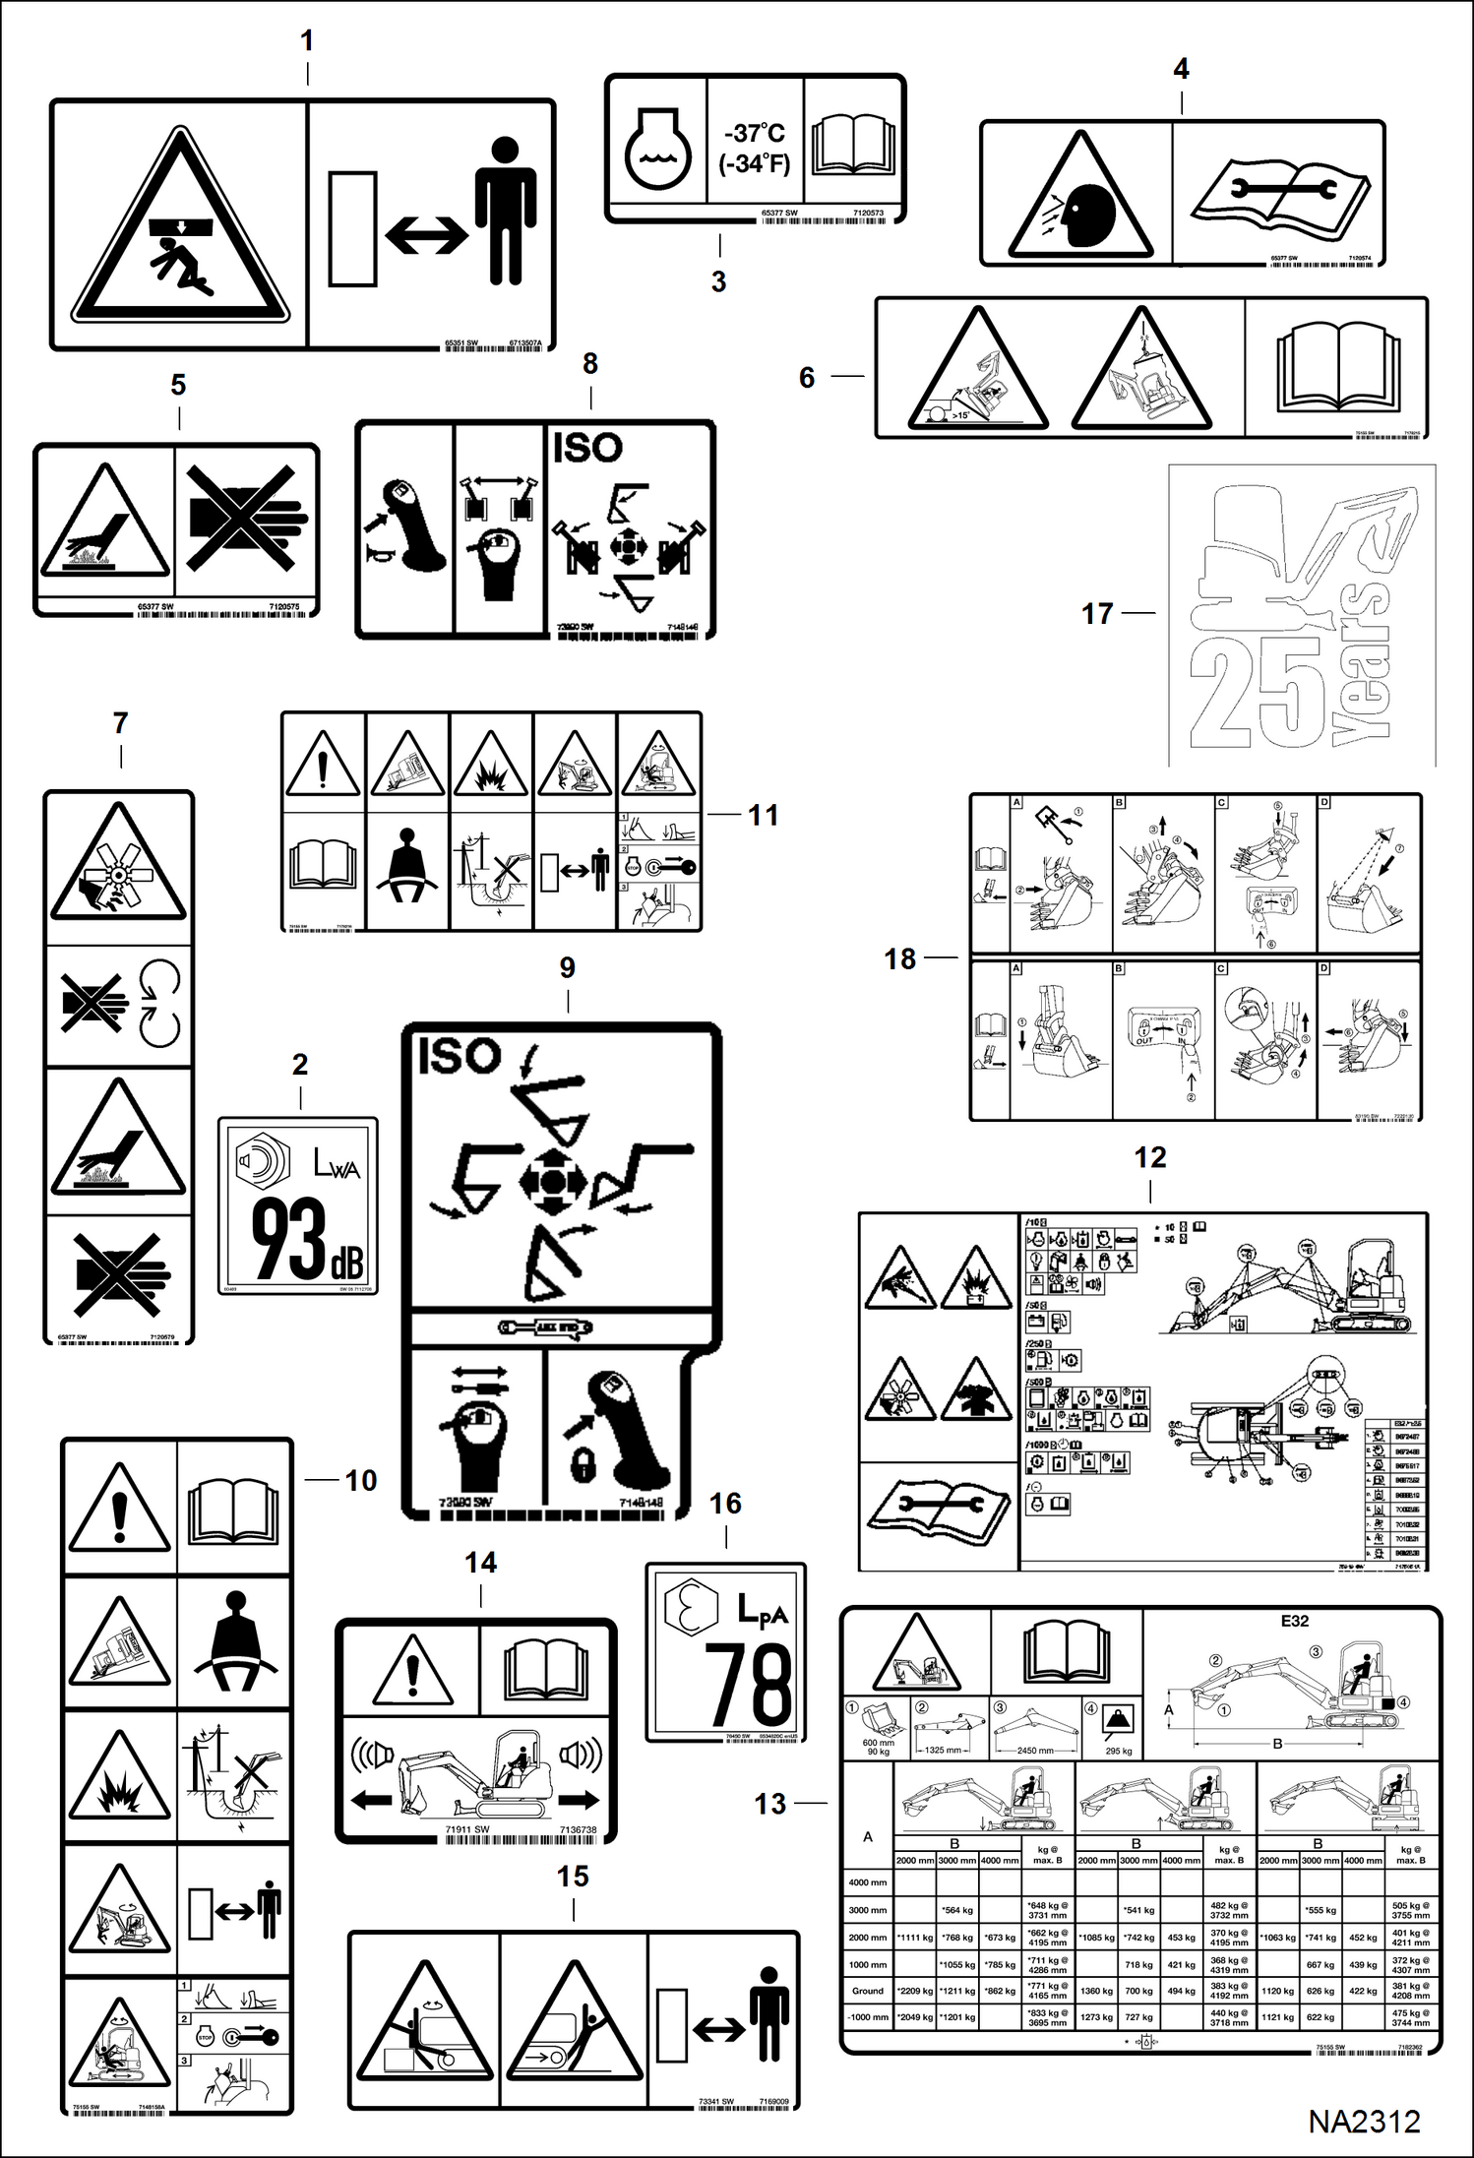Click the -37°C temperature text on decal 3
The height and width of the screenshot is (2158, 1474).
pos(755,132)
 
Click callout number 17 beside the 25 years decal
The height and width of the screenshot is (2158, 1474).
pos(1097,613)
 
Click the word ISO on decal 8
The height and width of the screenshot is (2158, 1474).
pos(587,449)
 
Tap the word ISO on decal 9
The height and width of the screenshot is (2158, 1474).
pos(460,1057)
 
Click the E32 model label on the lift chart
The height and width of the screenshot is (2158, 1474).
pos(1294,1621)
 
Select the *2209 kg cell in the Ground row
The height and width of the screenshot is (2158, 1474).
pos(914,1990)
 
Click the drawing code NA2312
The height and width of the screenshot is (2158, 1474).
pos(1364,2121)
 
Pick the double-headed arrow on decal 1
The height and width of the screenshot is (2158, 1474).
pos(426,234)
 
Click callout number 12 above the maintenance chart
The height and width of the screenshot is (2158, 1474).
pos(1149,1157)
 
